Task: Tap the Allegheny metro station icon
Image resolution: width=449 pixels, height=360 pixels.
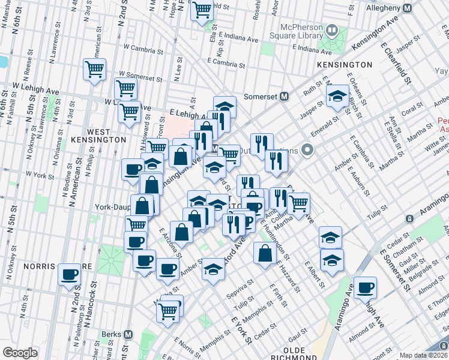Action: pos(408,8)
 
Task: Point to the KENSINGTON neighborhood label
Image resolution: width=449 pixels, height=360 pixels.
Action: pos(345,64)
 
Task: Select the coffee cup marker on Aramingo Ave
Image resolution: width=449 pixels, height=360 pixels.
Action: pos(365,288)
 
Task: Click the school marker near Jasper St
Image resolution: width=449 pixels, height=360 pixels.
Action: pos(337,96)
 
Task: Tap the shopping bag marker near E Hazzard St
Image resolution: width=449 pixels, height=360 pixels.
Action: pos(265,253)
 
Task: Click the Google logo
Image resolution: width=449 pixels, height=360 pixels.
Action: pos(20,352)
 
